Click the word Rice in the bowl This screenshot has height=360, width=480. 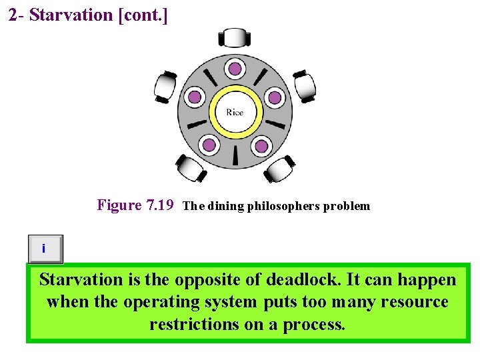pyautogui.click(x=235, y=112)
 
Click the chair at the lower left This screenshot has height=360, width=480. pyautogui.click(x=191, y=167)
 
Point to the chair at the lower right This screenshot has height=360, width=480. pyautogui.click(x=279, y=167)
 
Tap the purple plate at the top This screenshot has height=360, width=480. pyautogui.click(x=235, y=68)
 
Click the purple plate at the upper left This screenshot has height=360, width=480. pyautogui.click(x=194, y=98)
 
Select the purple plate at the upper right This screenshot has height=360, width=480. pyautogui.click(x=275, y=98)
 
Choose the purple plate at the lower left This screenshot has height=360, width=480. pyautogui.click(x=209, y=145)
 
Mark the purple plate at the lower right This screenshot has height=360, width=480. pyautogui.click(x=261, y=145)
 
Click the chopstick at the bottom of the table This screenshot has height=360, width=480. pyautogui.click(x=235, y=156)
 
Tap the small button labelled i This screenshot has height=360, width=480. pyautogui.click(x=45, y=249)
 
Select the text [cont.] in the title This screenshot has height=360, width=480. pyautogui.click(x=142, y=15)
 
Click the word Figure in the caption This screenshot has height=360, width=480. pyautogui.click(x=119, y=205)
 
